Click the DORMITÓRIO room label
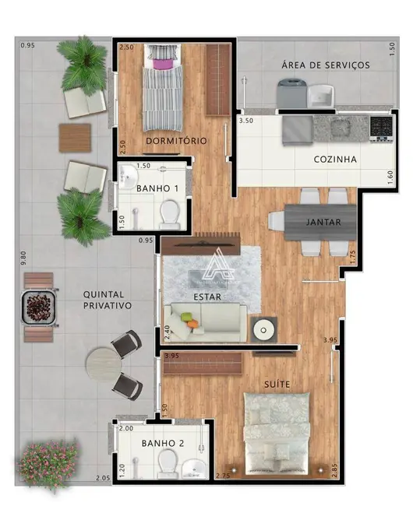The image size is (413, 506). [x=176, y=141]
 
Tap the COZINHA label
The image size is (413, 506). [x=335, y=160]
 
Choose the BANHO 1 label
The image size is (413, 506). [x=157, y=188]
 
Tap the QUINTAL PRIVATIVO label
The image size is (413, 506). [x=108, y=300]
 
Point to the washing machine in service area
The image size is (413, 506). [x=292, y=95]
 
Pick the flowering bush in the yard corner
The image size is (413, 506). [x=48, y=465]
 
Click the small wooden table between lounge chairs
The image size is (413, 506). [x=76, y=138]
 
